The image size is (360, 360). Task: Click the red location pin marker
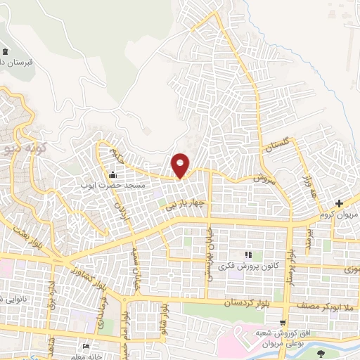(x=181, y=165)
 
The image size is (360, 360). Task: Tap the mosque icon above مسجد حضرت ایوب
(x=112, y=174)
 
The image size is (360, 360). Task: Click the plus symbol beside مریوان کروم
(x=339, y=204)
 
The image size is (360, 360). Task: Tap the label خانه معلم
(x=100, y=355)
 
